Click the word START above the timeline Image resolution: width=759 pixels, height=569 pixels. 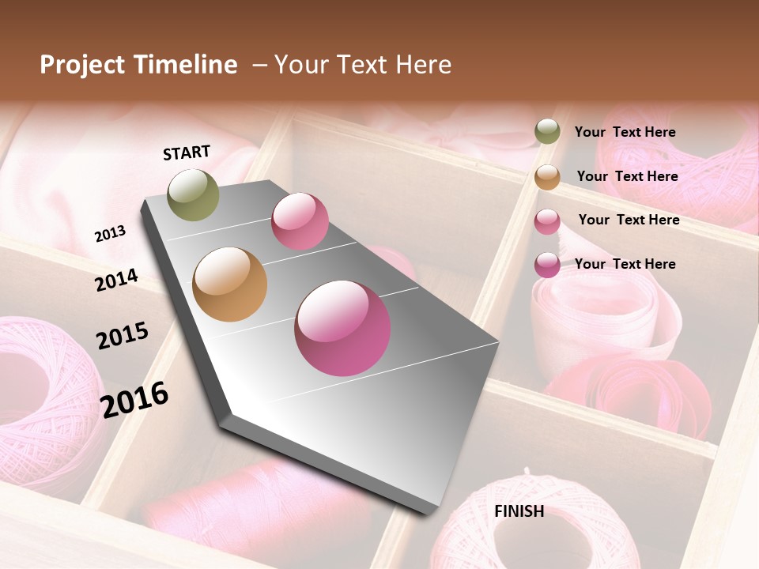(187, 153)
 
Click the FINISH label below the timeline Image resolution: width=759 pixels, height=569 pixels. (519, 511)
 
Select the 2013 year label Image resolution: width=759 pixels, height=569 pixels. (110, 234)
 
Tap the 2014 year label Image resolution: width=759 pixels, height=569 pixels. (116, 281)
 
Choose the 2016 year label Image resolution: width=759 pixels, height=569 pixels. (134, 399)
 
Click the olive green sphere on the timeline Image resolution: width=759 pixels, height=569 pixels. (193, 195)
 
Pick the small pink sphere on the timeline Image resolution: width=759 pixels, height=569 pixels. (300, 221)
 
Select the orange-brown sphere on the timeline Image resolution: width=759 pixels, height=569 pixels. (230, 284)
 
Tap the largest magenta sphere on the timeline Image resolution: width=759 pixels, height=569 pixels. (342, 328)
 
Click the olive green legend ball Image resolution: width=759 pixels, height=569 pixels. (547, 132)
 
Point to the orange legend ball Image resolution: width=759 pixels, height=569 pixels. (547, 177)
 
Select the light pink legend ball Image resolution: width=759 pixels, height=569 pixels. (547, 221)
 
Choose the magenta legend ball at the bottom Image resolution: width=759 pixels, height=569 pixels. (547, 265)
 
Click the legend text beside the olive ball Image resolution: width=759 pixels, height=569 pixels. (625, 132)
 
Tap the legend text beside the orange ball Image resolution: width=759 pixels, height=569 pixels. (627, 176)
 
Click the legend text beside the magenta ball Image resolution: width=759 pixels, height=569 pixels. (625, 264)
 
